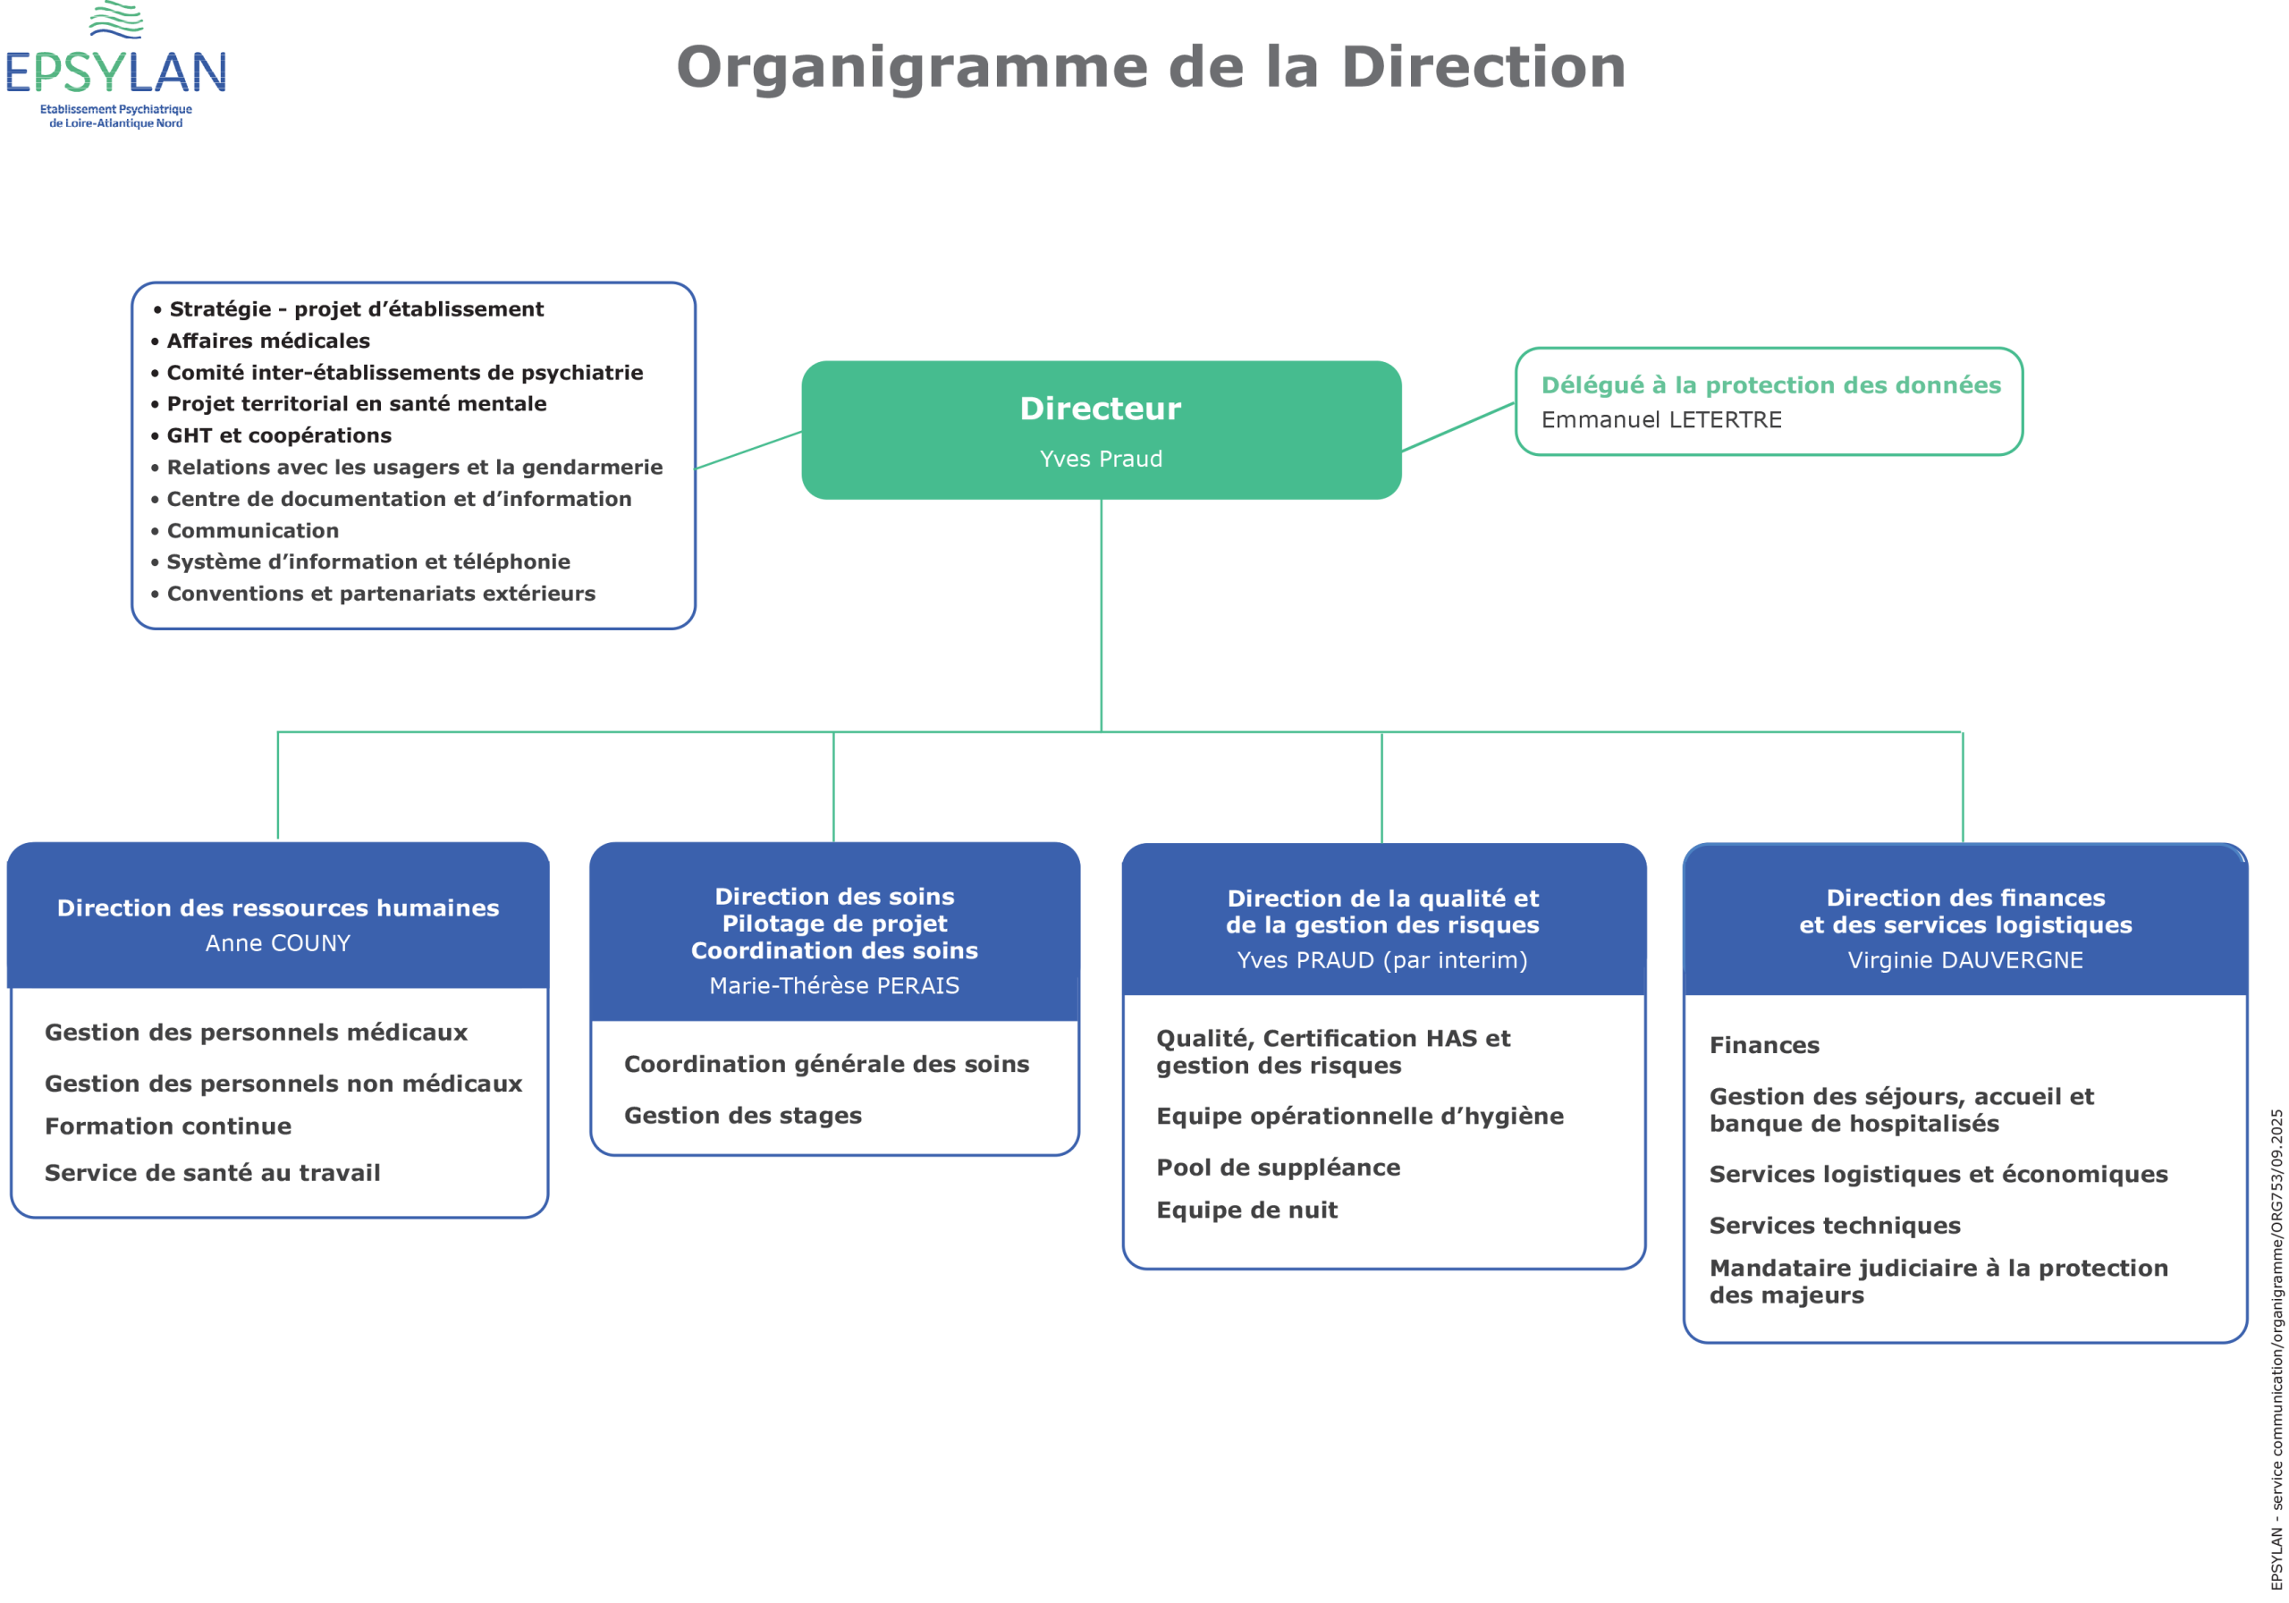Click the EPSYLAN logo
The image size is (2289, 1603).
click(x=115, y=66)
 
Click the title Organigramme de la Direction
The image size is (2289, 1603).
click(x=1151, y=67)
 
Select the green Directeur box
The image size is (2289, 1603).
click(x=1101, y=430)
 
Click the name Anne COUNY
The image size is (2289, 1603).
click(x=278, y=943)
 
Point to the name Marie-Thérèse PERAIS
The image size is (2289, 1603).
click(x=834, y=986)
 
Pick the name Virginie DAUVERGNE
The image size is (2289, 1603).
click(x=1965, y=960)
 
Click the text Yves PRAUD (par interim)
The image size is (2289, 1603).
click(x=1381, y=960)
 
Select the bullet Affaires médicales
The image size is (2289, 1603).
click(x=267, y=341)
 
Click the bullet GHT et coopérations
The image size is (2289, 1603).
click(x=279, y=435)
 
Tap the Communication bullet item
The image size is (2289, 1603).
click(x=252, y=530)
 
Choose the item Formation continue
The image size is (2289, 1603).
click(x=168, y=1126)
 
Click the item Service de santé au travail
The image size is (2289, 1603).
click(x=212, y=1173)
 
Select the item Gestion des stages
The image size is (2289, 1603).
click(x=743, y=1116)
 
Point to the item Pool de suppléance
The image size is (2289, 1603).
click(x=1278, y=1168)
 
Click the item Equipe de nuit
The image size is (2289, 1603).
click(x=1247, y=1211)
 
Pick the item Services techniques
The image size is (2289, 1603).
click(x=1835, y=1227)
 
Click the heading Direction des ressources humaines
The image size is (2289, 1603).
click(x=278, y=908)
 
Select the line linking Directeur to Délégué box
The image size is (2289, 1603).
click(x=1458, y=426)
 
